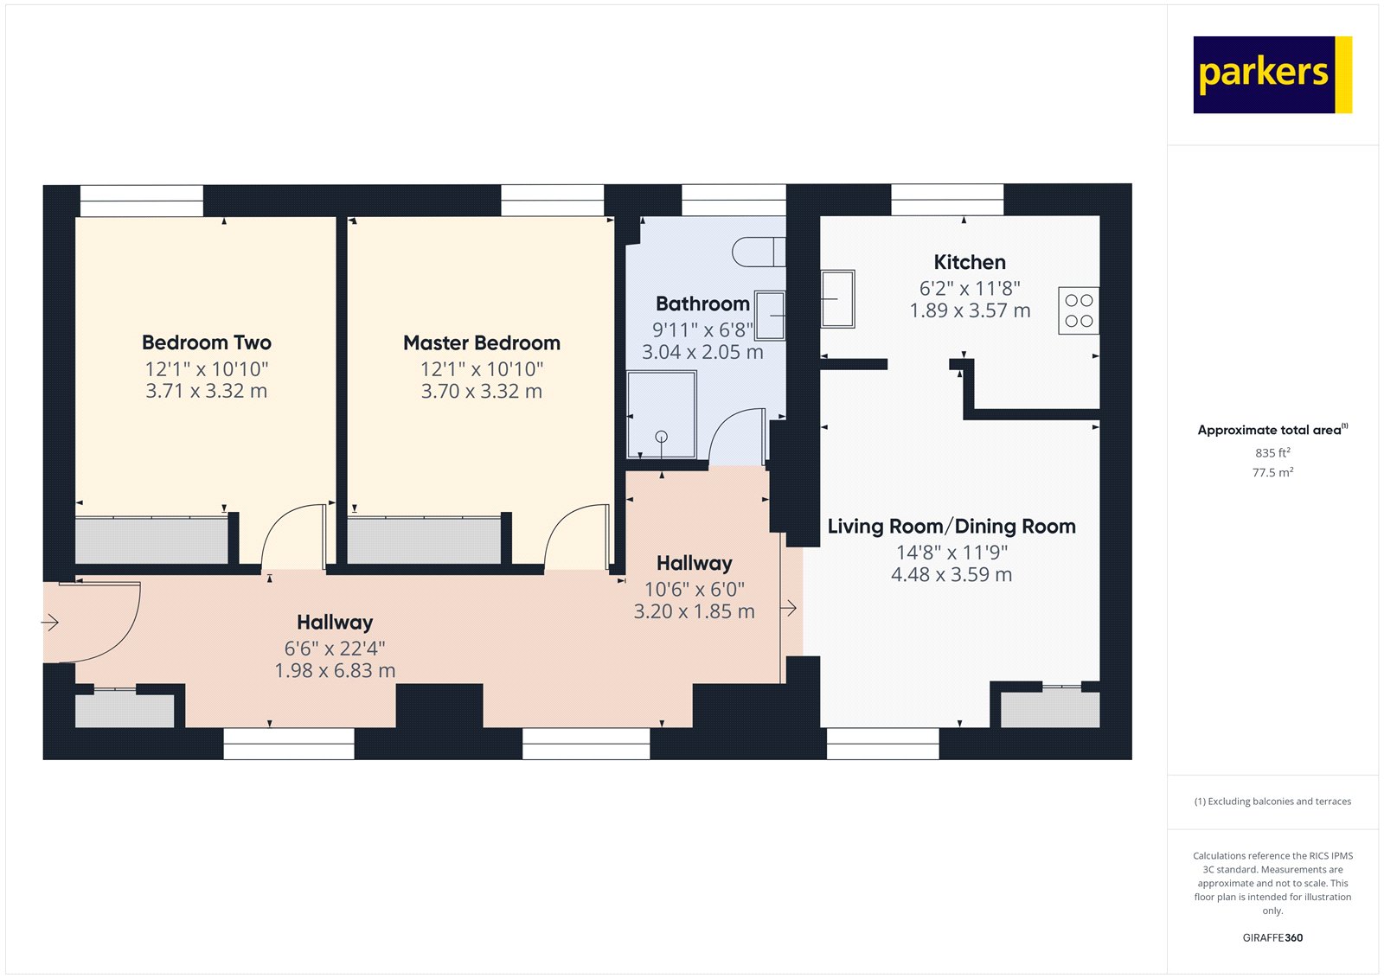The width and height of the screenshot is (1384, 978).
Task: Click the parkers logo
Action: (x=1272, y=74)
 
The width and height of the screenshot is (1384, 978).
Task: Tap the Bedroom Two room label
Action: (x=207, y=342)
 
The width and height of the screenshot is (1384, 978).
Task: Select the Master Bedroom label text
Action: (x=482, y=342)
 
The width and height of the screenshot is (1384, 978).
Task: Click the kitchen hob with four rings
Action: (x=1079, y=310)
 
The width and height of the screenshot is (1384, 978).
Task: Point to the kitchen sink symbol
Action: (x=837, y=298)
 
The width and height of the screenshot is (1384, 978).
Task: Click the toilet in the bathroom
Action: (x=758, y=252)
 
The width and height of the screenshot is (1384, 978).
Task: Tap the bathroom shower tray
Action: (x=662, y=415)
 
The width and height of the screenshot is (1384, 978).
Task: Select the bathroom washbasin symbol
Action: (x=770, y=316)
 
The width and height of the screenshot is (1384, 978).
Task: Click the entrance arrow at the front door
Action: (x=50, y=622)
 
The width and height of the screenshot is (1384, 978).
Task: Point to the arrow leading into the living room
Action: (x=789, y=609)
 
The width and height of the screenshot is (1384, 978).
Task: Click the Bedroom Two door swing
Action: (x=292, y=536)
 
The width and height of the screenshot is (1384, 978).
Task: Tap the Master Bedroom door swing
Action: (x=575, y=536)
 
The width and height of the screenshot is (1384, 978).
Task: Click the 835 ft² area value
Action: (x=1272, y=452)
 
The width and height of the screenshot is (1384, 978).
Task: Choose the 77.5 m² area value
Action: (x=1272, y=472)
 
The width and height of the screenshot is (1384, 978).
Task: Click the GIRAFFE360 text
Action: (x=1272, y=937)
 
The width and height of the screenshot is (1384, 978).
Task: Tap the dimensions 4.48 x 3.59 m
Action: (x=951, y=575)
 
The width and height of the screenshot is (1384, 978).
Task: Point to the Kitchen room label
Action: (x=970, y=262)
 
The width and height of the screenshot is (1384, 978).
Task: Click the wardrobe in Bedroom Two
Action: (x=152, y=541)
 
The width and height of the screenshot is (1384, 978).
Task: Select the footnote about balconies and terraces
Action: (x=1272, y=802)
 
